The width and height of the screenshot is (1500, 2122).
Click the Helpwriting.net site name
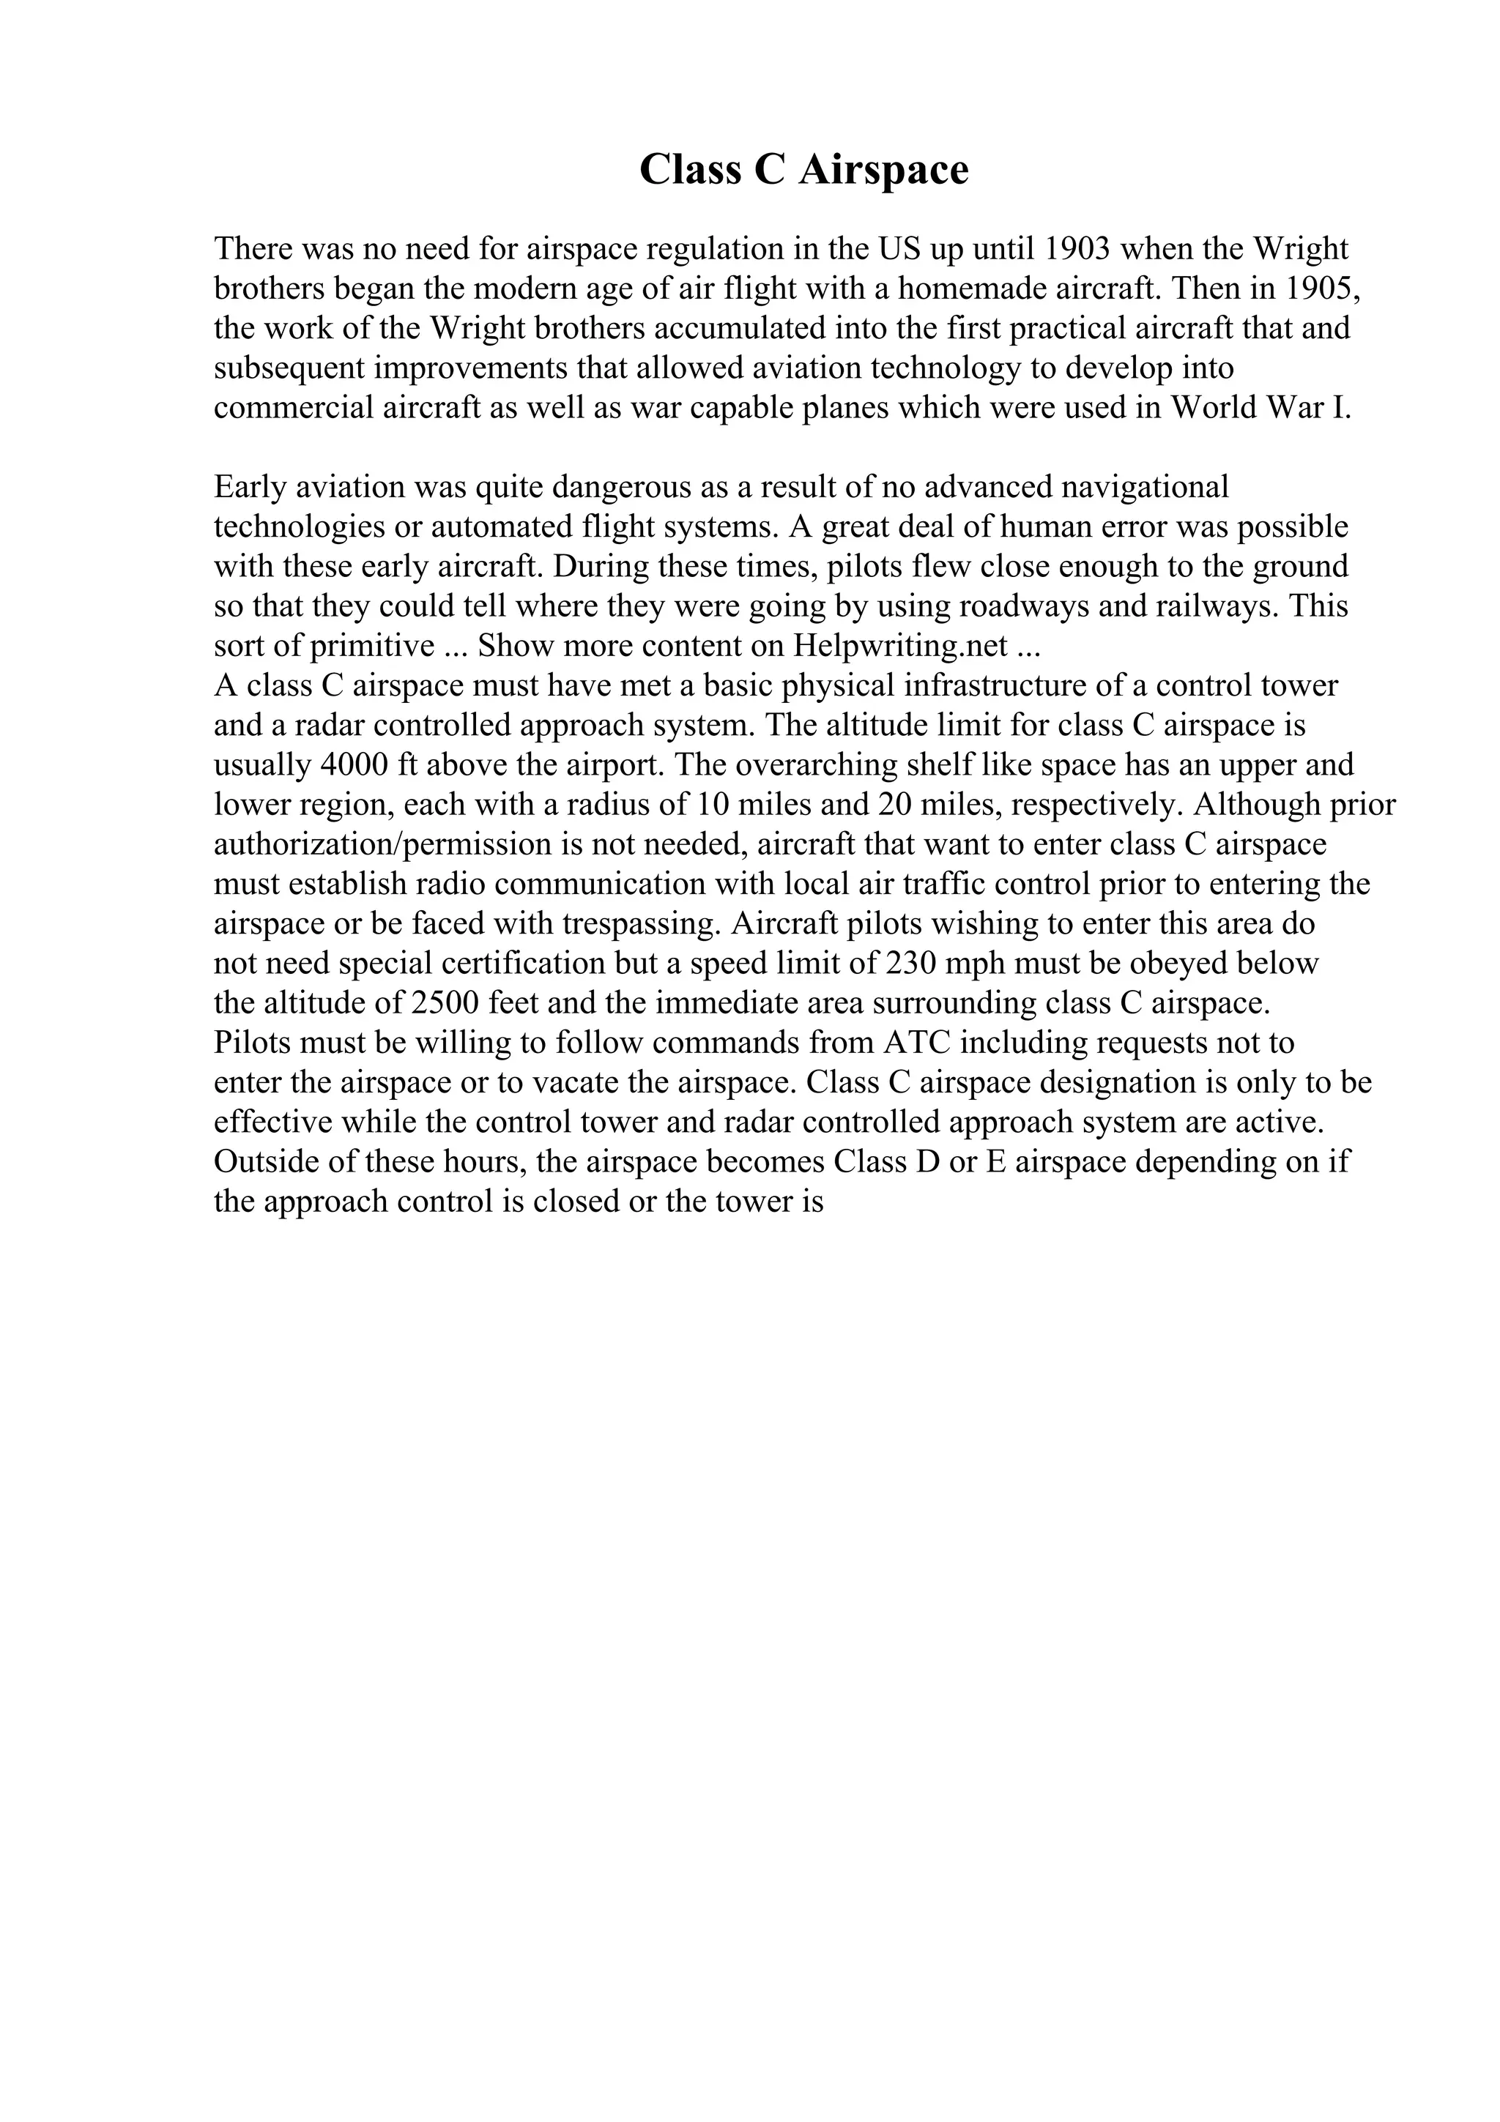pos(900,646)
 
